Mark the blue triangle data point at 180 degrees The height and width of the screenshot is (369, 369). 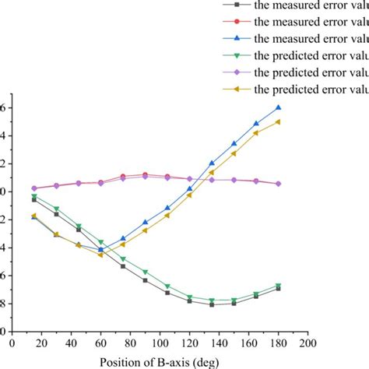[x=278, y=107]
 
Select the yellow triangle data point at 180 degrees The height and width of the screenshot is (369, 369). [x=278, y=121]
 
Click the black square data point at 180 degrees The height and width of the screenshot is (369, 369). [x=278, y=288]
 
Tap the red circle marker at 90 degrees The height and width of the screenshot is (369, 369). [x=145, y=175]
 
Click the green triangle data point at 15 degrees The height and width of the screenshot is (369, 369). [x=33, y=197]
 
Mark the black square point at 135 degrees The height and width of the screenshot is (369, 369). [x=212, y=304]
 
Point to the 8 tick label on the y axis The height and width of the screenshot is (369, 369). [x=4, y=304]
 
